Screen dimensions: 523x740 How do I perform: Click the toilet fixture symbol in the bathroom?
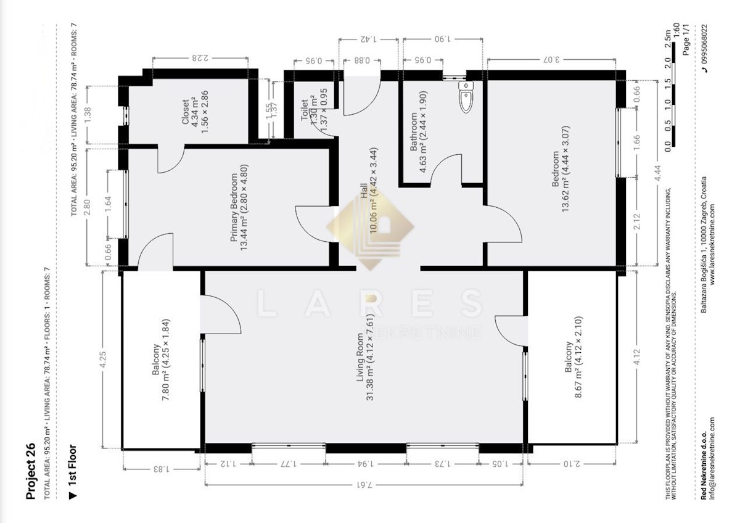pyautogui.click(x=465, y=97)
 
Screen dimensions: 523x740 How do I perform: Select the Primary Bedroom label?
pyautogui.click(x=238, y=208)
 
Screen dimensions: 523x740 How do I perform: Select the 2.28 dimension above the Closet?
pyautogui.click(x=199, y=59)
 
